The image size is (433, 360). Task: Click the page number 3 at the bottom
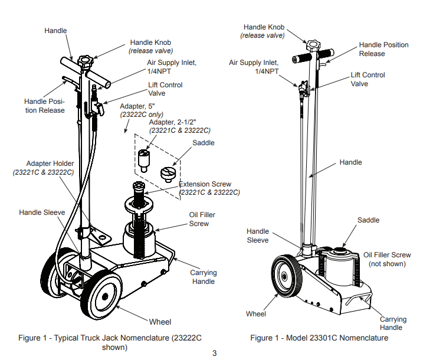click(215, 354)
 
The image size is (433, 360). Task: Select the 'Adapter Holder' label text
click(50, 163)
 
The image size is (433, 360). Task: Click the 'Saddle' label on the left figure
click(204, 143)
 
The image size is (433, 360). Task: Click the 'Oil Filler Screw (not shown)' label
click(387, 259)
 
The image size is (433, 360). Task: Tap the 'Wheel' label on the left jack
click(160, 322)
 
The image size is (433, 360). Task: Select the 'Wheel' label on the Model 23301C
click(256, 314)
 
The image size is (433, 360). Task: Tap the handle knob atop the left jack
click(87, 61)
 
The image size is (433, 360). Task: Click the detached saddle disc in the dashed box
click(168, 174)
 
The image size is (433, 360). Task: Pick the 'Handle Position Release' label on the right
click(383, 49)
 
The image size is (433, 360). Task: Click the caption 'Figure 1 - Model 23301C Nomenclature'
click(319, 338)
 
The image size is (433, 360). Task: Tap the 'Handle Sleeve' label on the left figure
click(42, 212)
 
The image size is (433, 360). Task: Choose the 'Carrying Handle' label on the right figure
click(391, 323)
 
